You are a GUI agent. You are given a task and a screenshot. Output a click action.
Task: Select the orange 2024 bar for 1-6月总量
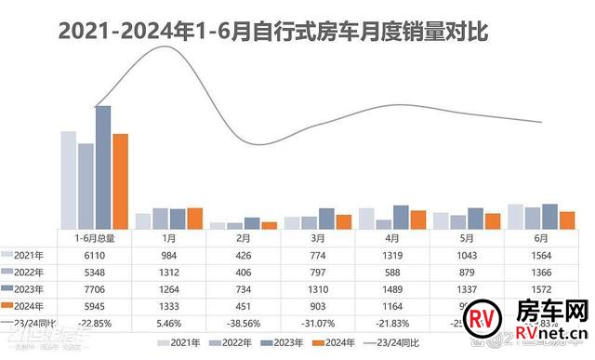point(120,180)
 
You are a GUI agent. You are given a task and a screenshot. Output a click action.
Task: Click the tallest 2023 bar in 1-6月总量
point(103,167)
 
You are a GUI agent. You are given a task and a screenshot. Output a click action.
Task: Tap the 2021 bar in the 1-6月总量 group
point(69,180)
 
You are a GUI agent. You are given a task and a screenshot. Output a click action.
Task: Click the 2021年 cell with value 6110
point(94,255)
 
